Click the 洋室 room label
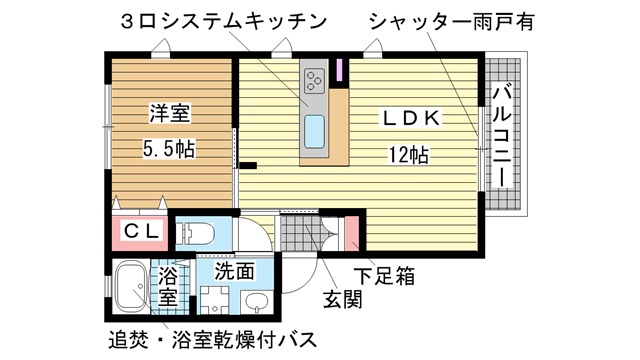pyautogui.click(x=170, y=113)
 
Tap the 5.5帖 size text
pyautogui.click(x=169, y=149)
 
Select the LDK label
pyautogui.click(x=411, y=118)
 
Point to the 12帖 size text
pyautogui.click(x=409, y=155)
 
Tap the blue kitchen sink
pyautogui.click(x=315, y=131)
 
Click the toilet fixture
pyautogui.click(x=196, y=234)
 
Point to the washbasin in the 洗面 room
pyautogui.click(x=257, y=302)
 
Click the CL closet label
pyautogui.click(x=140, y=232)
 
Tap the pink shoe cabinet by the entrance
pyautogui.click(x=352, y=233)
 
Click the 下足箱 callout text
pyautogui.click(x=384, y=276)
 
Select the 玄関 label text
pyautogui.click(x=342, y=300)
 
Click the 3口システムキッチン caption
pyautogui.click(x=224, y=21)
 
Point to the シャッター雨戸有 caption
pyautogui.click(x=452, y=22)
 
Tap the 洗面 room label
pyautogui.click(x=235, y=271)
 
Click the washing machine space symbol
pyautogui.click(x=216, y=300)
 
